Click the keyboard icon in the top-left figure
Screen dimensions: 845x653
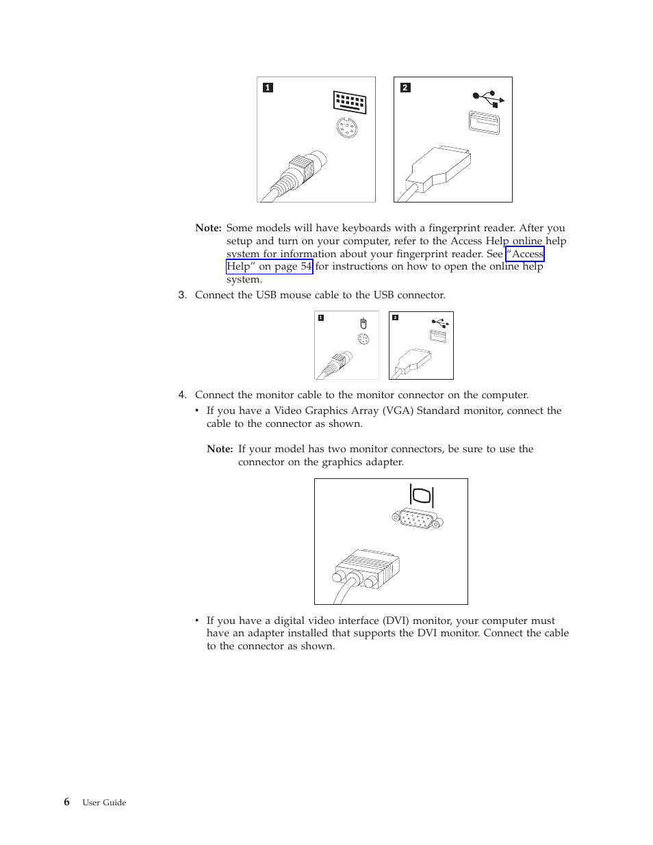tap(350, 103)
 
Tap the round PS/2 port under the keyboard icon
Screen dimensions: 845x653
tap(347, 127)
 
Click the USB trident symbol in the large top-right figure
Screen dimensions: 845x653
tap(488, 99)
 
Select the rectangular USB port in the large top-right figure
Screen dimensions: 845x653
tap(484, 123)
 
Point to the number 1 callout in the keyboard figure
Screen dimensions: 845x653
tap(268, 88)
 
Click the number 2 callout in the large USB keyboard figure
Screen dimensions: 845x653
tap(405, 88)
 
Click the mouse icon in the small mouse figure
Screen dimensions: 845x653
tap(363, 323)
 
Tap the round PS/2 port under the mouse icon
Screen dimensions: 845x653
tap(363, 339)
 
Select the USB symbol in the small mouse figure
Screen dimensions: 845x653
tap(440, 322)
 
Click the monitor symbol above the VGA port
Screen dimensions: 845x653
tap(422, 495)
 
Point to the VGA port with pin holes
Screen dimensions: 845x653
tap(418, 520)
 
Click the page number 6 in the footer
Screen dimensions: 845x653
tap(66, 802)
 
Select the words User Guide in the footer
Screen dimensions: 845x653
tap(104, 803)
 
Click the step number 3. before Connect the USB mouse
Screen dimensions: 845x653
tap(182, 295)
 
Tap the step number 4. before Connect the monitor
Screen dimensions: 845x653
tap(182, 395)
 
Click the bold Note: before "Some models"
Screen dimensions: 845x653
tap(208, 228)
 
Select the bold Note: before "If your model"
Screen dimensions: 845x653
tap(220, 449)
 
